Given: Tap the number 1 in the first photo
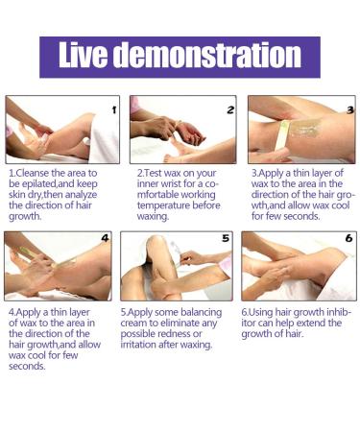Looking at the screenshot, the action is [114, 110].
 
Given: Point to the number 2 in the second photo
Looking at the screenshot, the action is [230, 110].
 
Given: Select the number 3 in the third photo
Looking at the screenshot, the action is [350, 110].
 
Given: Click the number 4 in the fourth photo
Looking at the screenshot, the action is [105, 238].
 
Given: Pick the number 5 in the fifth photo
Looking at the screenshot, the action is [226, 238].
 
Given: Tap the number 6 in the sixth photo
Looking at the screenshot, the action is [348, 238].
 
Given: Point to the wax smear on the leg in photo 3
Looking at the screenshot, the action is [306, 127].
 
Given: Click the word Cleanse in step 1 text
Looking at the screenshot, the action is [33, 173].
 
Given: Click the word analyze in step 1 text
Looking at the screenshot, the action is [81, 195].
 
